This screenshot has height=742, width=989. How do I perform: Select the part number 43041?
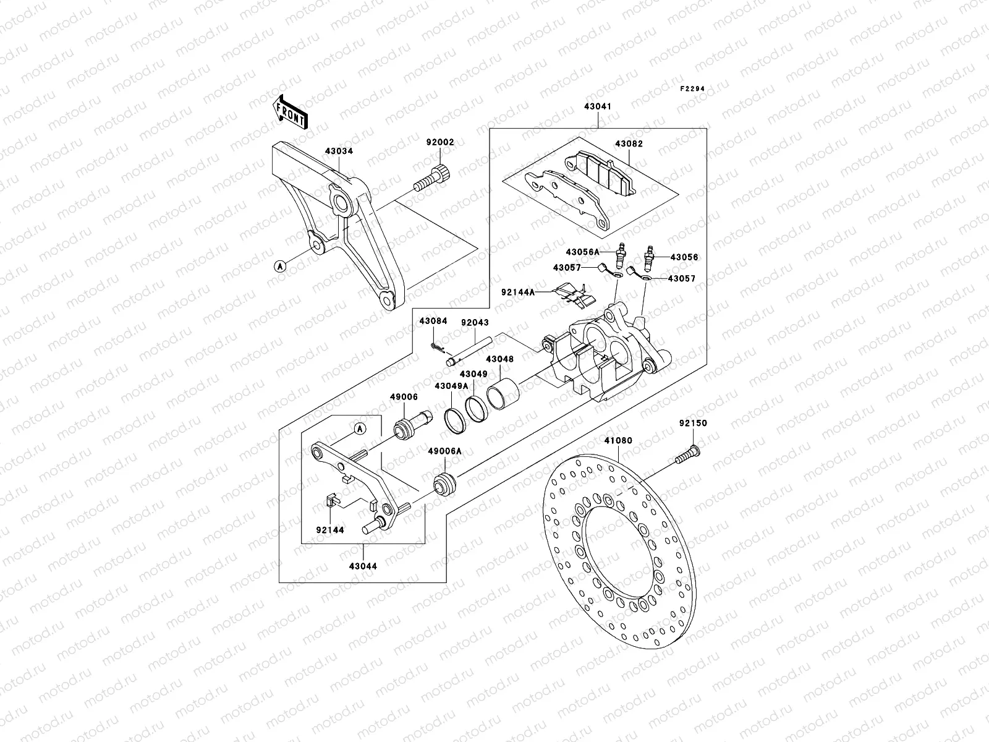point(597,106)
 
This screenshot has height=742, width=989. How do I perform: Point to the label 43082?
point(629,143)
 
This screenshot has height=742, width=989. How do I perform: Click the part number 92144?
point(329,530)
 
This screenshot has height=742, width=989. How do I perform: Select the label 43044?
point(363,566)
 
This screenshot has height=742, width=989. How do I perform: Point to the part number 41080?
point(618,441)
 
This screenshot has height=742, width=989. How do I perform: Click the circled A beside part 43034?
point(281,267)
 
